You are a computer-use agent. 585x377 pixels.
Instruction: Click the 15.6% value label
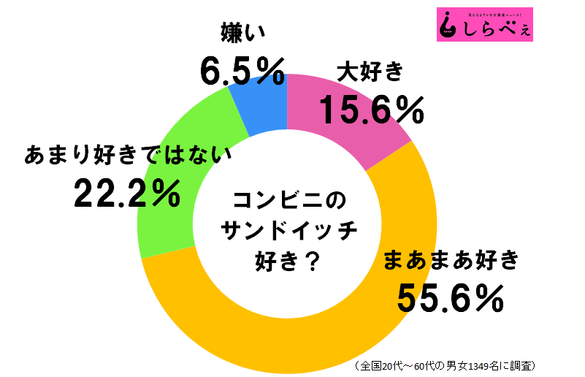[371, 110]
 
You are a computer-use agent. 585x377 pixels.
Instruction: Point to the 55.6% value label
[451, 297]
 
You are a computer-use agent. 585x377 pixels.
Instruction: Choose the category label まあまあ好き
[451, 259]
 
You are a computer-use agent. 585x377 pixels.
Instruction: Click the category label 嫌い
[242, 32]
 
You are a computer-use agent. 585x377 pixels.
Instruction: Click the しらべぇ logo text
[496, 30]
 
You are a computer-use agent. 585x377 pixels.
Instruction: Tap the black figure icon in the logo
[448, 26]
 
